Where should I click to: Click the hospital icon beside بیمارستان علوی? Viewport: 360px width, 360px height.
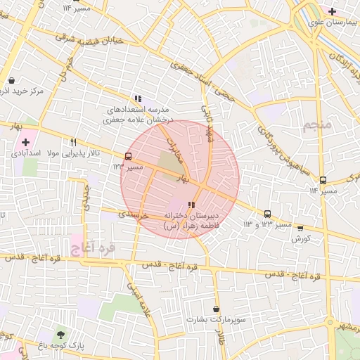(332, 11)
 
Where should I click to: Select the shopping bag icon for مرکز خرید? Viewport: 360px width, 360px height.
(11, 80)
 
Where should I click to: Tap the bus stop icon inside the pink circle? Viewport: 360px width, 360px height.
(127, 156)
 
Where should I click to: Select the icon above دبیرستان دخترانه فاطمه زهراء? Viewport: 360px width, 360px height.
(192, 205)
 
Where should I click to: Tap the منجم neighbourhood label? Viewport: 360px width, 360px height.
(317, 127)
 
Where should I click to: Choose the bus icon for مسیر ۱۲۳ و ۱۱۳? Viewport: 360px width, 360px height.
(267, 214)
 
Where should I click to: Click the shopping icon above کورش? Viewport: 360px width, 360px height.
(301, 228)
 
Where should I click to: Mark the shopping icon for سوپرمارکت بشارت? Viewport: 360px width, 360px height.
(215, 309)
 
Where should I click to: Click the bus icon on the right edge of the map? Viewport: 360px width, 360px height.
(323, 180)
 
